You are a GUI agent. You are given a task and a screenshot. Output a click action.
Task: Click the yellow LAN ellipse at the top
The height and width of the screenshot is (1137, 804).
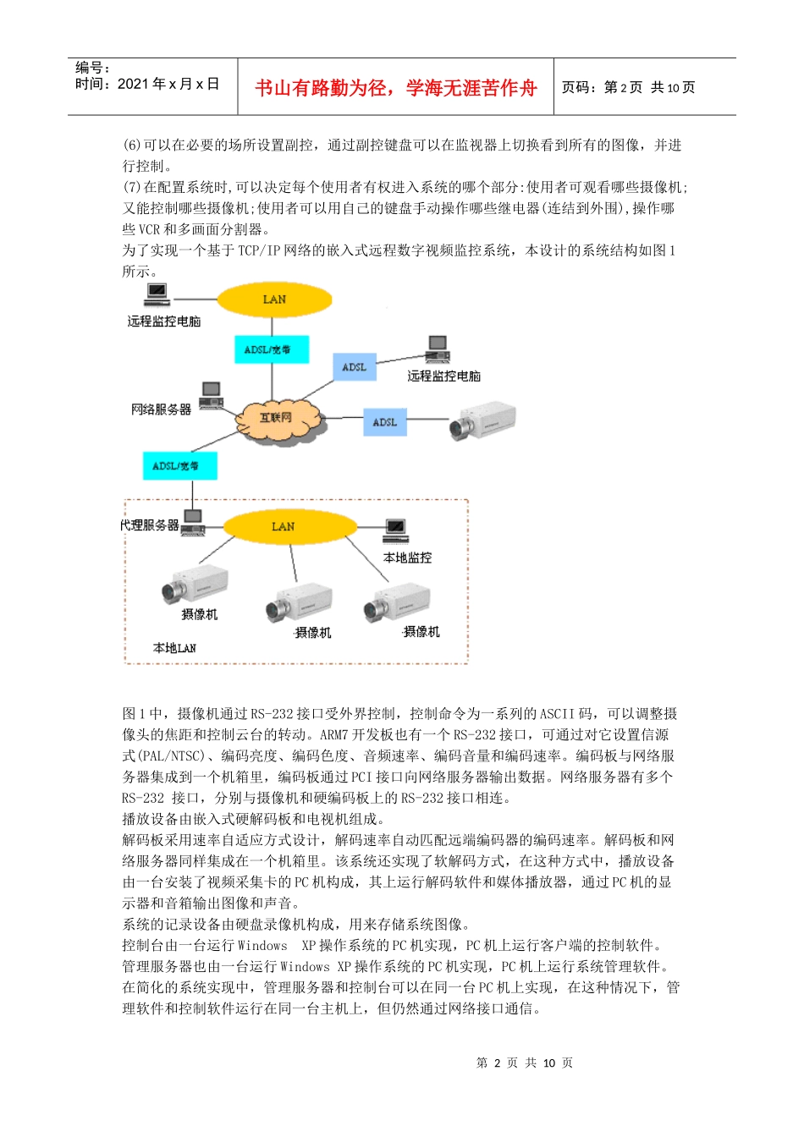274,299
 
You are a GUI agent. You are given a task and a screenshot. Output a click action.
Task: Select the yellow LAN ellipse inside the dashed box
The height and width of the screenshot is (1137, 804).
284,526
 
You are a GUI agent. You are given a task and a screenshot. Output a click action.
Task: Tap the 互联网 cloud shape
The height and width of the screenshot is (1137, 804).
276,419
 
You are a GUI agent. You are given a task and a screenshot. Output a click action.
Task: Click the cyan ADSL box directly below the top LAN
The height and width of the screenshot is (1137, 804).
271,349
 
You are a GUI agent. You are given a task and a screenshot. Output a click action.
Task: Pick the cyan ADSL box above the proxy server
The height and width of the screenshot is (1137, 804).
179,465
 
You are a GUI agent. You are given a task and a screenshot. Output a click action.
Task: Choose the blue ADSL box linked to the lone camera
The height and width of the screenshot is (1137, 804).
385,422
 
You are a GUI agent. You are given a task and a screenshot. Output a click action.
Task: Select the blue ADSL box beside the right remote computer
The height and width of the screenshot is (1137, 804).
355,367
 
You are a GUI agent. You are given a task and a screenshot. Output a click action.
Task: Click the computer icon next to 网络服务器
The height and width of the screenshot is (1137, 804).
212,394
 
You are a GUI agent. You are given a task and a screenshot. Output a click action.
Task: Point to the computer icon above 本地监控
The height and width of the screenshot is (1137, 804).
395,531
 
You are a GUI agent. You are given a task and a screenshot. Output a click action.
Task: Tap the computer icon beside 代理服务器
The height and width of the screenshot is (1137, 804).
194,523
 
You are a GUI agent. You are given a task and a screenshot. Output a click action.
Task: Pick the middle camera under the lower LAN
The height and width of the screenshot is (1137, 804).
298,602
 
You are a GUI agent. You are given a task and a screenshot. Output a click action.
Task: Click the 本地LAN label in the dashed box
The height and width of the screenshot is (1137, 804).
174,648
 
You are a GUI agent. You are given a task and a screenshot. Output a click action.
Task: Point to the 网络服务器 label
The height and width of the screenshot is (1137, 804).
161,409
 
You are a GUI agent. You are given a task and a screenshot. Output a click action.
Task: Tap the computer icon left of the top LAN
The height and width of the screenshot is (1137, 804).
157,294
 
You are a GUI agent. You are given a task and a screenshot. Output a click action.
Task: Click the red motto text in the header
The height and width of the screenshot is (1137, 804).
395,88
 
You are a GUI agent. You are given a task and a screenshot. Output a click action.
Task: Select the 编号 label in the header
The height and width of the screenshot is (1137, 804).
92,68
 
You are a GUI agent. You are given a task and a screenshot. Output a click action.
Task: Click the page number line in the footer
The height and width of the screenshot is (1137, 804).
525,1063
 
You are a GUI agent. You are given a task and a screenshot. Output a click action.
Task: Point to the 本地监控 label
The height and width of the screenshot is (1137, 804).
407,558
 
